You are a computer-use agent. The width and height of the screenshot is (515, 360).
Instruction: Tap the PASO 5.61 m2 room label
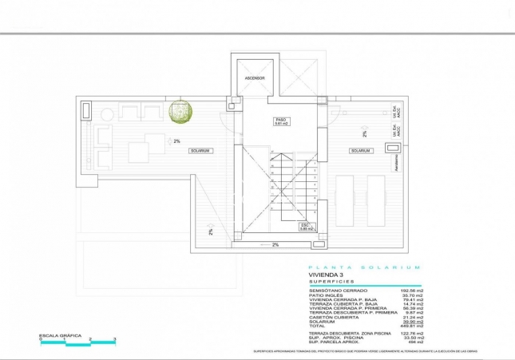coord(281,121)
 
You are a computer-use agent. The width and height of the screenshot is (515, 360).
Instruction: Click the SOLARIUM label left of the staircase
coord(200,151)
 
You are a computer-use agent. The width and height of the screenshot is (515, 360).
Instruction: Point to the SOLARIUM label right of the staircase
coord(360,151)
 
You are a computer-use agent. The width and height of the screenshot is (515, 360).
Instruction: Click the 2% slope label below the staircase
coord(275,245)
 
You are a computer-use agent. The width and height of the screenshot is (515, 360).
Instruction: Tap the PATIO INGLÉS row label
coord(327,295)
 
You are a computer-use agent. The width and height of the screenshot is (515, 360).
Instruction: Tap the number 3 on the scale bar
coord(115,340)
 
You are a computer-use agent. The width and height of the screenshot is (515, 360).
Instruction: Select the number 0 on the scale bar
coord(41,340)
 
